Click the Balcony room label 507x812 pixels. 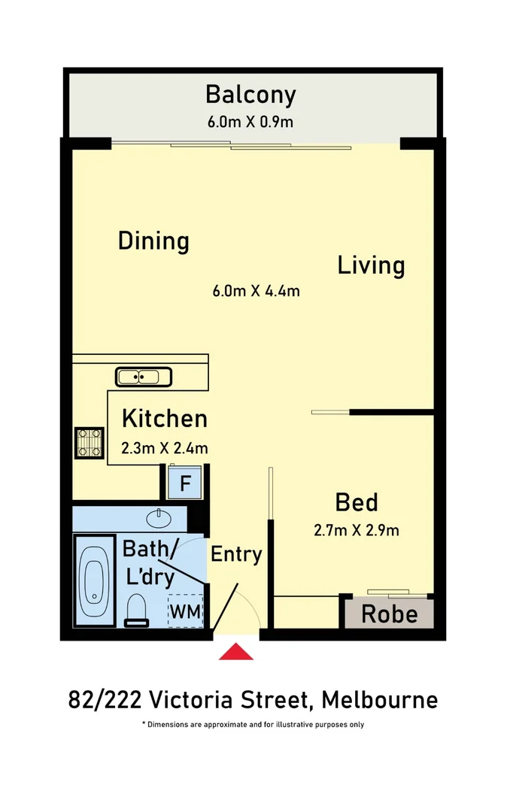(250, 95)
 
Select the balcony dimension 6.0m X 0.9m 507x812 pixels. (250, 121)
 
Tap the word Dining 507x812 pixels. (153, 241)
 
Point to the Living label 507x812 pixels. (371, 265)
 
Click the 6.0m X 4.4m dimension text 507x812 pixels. (257, 291)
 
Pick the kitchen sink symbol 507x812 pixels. (144, 376)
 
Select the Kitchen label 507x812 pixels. (165, 418)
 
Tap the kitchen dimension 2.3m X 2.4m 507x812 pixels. (165, 449)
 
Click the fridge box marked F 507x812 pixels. (184, 483)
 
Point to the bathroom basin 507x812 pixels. (159, 517)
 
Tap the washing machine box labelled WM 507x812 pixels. (185, 612)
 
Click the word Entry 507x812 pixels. (236, 555)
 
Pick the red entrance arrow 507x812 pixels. (236, 651)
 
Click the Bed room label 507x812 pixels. (357, 501)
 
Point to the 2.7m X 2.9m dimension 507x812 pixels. (357, 531)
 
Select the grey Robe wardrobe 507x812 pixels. (389, 614)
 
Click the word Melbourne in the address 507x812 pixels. (380, 701)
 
